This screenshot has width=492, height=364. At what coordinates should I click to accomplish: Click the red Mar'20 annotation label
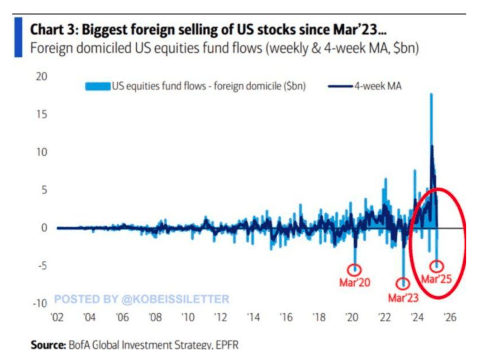click(355, 282)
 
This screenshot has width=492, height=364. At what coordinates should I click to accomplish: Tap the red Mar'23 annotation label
click(403, 297)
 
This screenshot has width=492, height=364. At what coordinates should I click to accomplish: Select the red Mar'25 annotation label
click(436, 279)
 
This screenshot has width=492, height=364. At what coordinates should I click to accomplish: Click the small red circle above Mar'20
click(355, 269)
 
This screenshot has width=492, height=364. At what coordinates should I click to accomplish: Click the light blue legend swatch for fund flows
click(98, 86)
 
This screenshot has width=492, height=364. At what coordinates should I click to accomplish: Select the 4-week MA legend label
click(378, 86)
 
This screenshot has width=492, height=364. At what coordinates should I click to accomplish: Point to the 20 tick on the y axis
click(42, 76)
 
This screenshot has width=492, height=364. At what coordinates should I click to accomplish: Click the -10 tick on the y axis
click(40, 303)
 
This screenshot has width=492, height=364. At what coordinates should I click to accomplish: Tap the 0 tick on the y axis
click(44, 228)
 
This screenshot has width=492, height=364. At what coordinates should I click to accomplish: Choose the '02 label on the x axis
click(57, 317)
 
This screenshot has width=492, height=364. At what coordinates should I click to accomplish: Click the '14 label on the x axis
click(253, 317)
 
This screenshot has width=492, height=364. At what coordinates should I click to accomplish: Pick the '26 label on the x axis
click(450, 317)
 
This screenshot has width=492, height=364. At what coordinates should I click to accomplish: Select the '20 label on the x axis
click(351, 317)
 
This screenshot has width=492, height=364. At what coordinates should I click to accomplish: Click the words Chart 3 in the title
click(53, 29)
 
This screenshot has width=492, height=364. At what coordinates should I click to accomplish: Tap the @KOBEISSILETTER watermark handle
click(175, 299)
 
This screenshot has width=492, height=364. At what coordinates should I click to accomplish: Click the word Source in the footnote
click(48, 345)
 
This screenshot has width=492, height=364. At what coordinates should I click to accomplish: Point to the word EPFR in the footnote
click(227, 345)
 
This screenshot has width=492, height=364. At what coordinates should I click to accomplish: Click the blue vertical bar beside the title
click(18, 37)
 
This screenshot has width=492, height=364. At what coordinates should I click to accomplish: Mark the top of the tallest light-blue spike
click(431, 94)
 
